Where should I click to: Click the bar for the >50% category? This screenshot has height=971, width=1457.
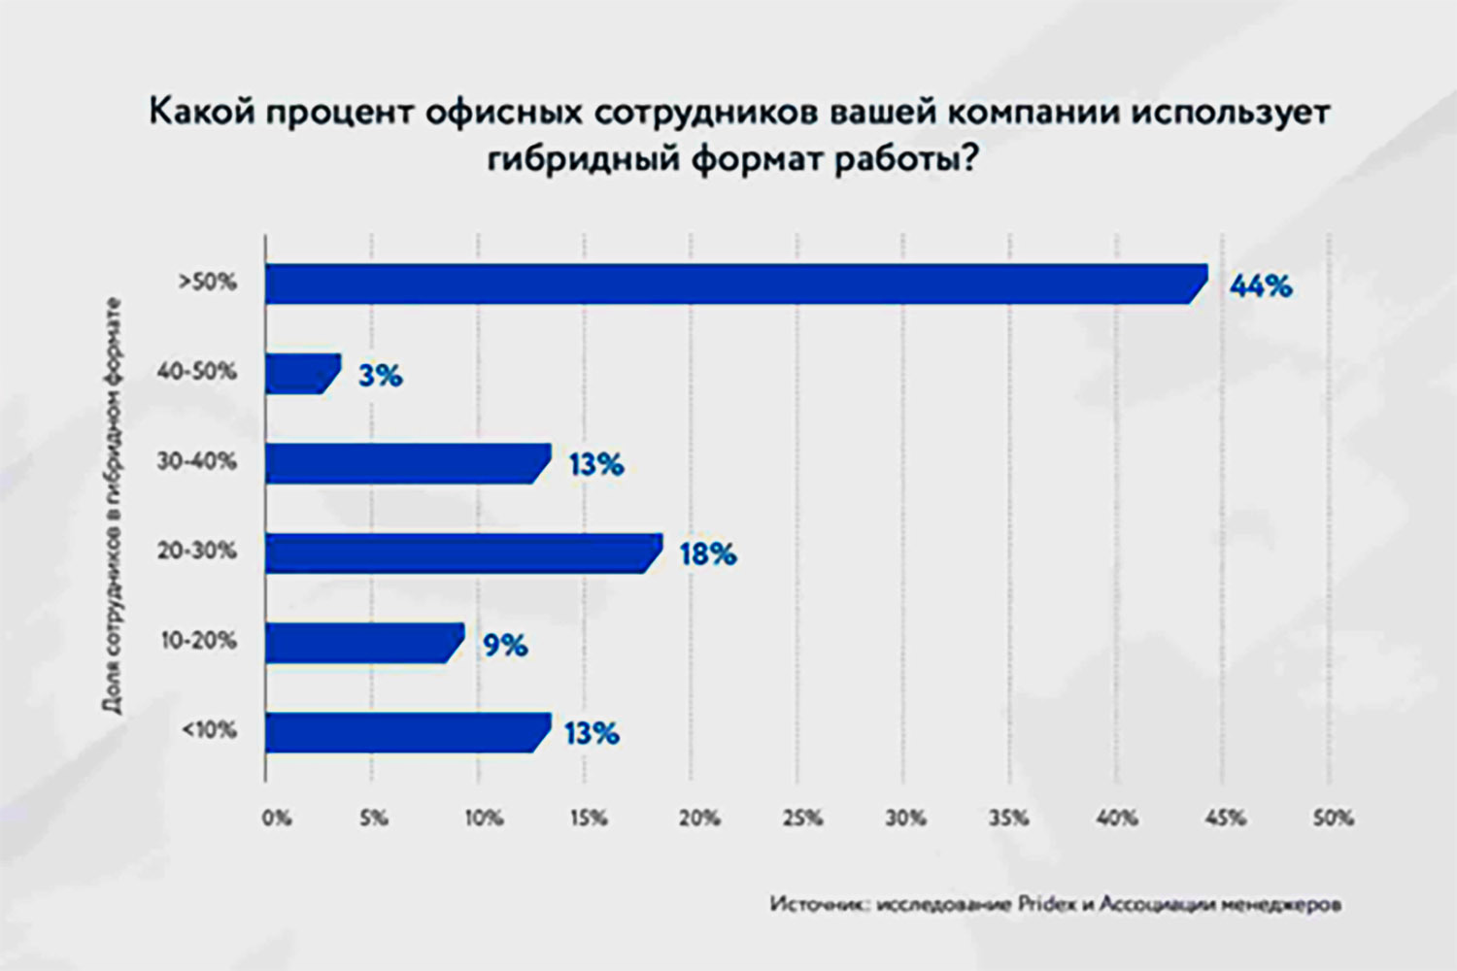pos(733,284)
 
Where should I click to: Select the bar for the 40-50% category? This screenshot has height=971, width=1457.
pos(301,374)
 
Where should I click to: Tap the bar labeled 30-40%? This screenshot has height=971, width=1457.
pos(406,463)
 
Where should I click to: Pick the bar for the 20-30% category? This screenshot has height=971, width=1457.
pos(461,552)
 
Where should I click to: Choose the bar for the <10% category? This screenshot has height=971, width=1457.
pos(406,732)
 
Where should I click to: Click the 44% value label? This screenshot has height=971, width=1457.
pos(1261,285)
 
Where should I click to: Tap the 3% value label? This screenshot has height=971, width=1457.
pos(380,376)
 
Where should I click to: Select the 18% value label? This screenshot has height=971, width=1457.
pos(707,554)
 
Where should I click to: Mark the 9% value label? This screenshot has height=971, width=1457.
pos(505,645)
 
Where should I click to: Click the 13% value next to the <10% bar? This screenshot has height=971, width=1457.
pos(592,733)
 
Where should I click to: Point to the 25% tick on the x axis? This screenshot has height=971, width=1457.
pos(802,819)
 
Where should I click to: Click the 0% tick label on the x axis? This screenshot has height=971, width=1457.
pos(276,819)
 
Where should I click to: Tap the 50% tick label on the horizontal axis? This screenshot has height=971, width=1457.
pos(1333,819)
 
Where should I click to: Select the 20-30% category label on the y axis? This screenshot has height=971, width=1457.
pos(197,551)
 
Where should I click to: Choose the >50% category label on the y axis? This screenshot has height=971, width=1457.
pos(207,283)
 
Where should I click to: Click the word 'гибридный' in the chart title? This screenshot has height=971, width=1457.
pos(583,158)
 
